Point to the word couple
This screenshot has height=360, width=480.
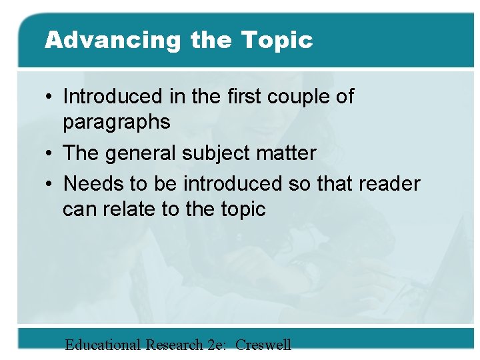click(x=297, y=97)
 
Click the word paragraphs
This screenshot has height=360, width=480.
click(x=117, y=123)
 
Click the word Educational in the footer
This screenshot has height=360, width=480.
click(x=103, y=345)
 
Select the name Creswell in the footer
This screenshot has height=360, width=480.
click(x=263, y=345)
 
